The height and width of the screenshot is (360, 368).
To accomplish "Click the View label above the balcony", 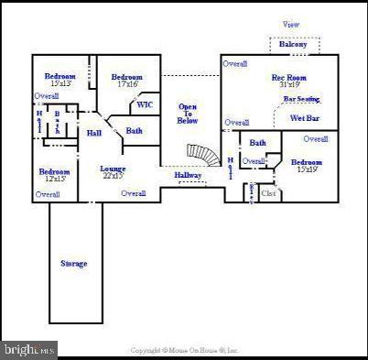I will [291, 25].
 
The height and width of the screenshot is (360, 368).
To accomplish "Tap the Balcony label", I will [294, 44].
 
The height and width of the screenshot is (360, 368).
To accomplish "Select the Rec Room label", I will [289, 77].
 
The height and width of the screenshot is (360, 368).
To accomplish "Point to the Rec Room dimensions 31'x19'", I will [289, 85].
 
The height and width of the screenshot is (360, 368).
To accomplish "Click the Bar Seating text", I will [301, 99].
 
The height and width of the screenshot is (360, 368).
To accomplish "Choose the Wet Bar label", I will [304, 118].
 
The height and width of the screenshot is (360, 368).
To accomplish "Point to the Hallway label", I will [188, 175].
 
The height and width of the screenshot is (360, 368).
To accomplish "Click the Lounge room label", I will [114, 169].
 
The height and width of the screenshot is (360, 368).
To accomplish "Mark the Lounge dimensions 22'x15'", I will [114, 176].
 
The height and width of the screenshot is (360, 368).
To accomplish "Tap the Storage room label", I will [74, 264].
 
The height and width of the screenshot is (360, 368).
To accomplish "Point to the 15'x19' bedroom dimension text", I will [308, 169].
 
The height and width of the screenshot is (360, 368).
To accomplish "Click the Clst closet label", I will [268, 193].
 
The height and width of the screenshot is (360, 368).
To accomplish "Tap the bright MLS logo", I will [29, 350].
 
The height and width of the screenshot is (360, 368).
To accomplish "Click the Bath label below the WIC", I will [135, 131].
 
